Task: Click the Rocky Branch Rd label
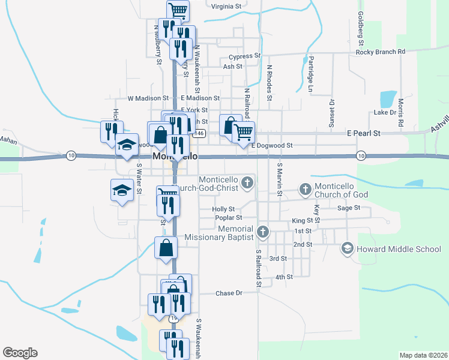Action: pyautogui.click(x=381, y=52)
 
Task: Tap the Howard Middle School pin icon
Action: pyautogui.click(x=347, y=248)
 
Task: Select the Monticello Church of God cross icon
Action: pyautogui.click(x=305, y=190)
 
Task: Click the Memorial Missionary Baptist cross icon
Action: pyautogui.click(x=262, y=232)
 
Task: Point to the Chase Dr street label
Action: pyautogui.click(x=228, y=293)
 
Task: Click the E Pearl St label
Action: pyautogui.click(x=364, y=133)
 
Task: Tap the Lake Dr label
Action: pyautogui.click(x=385, y=112)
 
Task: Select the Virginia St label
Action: pyautogui.click(x=226, y=6)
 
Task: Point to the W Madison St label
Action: pyautogui.click(x=148, y=98)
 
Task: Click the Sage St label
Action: pyautogui.click(x=348, y=208)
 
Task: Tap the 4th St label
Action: pyautogui.click(x=284, y=277)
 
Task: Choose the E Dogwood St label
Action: pyautogui.click(x=272, y=145)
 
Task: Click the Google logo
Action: pyautogui.click(x=20, y=353)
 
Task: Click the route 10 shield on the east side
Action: pyautogui.click(x=360, y=156)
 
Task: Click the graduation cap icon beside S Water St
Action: pyautogui.click(x=122, y=191)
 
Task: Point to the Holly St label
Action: pyautogui.click(x=223, y=209)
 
